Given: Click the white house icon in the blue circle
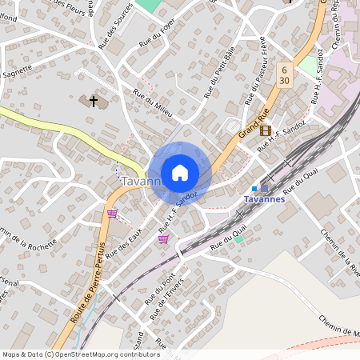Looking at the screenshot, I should (x=180, y=172).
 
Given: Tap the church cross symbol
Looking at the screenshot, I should (x=94, y=102).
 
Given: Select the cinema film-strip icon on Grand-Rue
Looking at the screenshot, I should (x=266, y=130).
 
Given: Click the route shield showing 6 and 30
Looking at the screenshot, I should (x=284, y=76).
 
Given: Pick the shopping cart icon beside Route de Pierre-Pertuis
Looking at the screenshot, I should (x=112, y=214).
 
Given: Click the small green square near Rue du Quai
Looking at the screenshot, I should (x=238, y=239).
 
